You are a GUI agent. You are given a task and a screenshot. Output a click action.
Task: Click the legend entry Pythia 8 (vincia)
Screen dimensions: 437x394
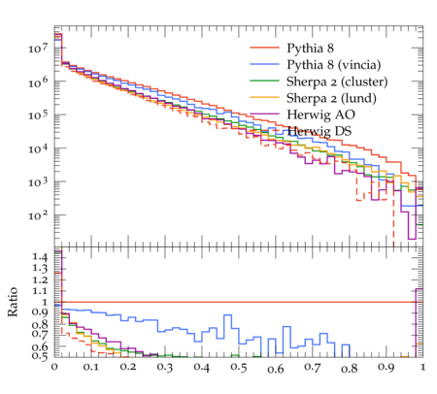click(334, 65)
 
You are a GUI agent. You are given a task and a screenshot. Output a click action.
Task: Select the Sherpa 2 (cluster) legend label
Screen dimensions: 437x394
click(337, 82)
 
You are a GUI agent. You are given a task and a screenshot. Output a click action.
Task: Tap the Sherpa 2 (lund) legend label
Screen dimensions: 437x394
click(331, 98)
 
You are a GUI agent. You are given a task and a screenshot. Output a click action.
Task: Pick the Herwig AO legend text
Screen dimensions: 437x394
click(320, 115)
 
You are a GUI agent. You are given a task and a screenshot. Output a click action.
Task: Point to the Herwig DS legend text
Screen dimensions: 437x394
click(319, 131)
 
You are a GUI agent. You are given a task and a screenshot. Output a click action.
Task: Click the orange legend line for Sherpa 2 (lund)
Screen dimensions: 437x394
click(264, 97)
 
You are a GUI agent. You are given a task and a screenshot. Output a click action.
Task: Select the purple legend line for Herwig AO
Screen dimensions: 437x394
click(264, 114)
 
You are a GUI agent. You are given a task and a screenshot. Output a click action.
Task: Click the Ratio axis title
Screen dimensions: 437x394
click(13, 302)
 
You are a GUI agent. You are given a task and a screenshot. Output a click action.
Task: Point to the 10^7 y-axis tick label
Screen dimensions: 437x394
click(39, 49)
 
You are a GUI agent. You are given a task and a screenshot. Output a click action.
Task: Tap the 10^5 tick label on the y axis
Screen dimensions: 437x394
click(39, 115)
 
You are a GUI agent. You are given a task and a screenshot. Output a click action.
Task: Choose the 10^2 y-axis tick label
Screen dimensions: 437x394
click(39, 215)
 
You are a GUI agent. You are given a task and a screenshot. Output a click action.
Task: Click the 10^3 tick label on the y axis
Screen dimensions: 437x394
click(39, 182)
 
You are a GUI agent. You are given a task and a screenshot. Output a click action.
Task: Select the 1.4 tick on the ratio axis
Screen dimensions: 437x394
click(40, 257)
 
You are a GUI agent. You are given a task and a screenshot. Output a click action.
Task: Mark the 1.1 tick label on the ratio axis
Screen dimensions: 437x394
click(40, 291)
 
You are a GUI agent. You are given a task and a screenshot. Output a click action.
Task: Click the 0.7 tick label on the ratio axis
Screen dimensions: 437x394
click(40, 335)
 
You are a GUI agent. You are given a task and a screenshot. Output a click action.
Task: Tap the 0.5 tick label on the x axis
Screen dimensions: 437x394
click(239, 368)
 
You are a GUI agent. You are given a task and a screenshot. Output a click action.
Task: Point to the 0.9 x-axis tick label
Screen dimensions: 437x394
click(387, 368)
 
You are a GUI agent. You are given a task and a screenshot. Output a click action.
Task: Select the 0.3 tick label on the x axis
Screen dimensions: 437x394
click(165, 368)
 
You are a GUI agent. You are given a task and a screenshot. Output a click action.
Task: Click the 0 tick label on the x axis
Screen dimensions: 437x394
click(54, 367)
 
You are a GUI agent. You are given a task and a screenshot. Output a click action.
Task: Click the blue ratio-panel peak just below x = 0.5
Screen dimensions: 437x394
click(228, 315)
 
